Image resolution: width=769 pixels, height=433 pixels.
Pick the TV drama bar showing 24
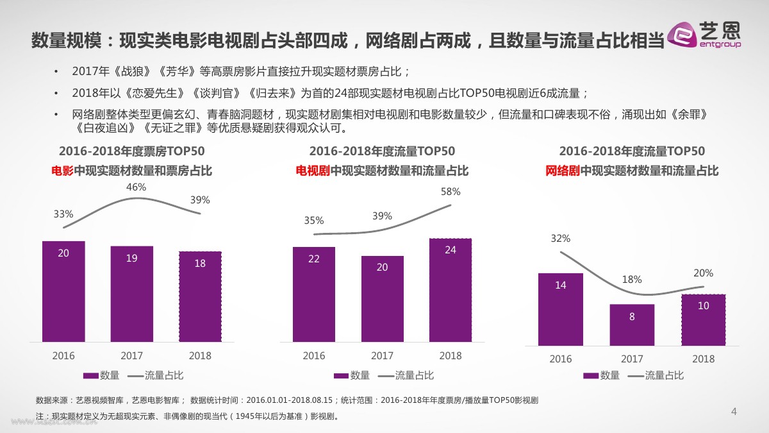(451, 289)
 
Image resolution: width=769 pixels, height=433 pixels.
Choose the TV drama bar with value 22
(314, 294)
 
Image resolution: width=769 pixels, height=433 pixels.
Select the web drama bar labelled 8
(632, 325)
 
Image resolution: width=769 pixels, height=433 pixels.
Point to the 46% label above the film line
(136, 187)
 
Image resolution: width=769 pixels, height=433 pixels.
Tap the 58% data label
(451, 191)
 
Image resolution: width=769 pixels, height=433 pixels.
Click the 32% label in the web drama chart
(560, 239)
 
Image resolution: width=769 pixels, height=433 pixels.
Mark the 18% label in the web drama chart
(631, 280)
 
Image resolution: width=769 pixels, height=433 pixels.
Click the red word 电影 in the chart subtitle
(63, 171)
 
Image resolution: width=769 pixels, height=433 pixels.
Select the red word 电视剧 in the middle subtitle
(313, 171)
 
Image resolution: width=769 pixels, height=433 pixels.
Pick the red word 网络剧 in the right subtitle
(563, 171)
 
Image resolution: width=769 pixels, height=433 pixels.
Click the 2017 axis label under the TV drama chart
(383, 356)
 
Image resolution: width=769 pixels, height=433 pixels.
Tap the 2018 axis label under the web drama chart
(703, 359)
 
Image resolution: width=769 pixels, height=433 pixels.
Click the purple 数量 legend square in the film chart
(90, 375)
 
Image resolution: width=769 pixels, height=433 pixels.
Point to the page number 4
(734, 412)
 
